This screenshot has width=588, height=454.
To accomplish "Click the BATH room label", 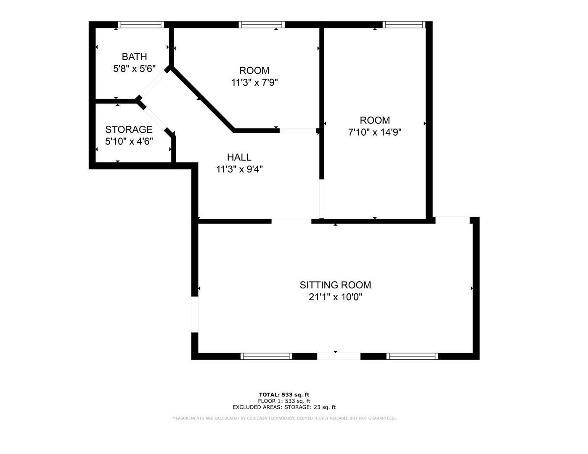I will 134,57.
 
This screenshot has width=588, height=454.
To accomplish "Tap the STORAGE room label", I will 129,129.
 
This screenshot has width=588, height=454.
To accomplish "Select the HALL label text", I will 239,158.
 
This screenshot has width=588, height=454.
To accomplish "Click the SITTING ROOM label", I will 335,285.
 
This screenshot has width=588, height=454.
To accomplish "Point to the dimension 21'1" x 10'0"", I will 335,297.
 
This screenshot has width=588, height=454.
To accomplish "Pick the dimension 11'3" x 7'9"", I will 254,82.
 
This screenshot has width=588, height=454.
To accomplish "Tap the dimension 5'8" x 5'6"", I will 134,69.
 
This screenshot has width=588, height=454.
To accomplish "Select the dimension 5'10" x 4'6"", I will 129,141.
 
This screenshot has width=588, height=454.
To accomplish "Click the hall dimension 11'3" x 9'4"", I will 239,169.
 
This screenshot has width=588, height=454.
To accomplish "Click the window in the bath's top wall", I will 140,25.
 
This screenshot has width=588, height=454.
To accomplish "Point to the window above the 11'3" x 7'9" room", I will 262,25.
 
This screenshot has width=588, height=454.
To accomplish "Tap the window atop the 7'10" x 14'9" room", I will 404,25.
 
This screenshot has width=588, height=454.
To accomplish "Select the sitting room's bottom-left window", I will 266,356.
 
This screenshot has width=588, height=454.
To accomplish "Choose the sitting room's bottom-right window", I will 412,356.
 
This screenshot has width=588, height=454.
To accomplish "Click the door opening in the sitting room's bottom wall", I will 339,356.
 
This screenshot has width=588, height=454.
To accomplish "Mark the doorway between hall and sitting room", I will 291,221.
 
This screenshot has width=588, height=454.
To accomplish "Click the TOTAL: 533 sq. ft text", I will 284,395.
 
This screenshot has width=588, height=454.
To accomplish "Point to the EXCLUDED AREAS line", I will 284,407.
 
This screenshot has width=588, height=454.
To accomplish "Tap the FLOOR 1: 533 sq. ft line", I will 284,401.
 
